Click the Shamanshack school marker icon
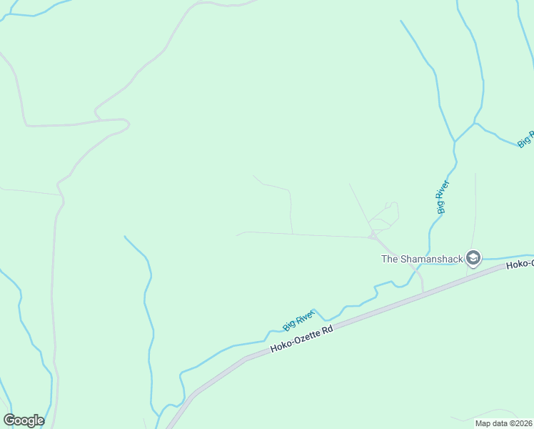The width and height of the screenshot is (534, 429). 473,258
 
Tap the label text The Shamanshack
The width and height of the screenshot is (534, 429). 421,259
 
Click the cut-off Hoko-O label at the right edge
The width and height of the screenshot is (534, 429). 519,265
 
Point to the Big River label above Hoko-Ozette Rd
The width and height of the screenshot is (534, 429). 298,320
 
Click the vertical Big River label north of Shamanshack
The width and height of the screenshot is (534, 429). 443,197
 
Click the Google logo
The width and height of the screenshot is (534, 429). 24,420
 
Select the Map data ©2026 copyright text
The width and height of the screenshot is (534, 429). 503,423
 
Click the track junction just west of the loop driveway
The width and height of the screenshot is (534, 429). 371,235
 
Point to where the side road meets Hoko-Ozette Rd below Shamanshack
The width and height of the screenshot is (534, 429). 423,291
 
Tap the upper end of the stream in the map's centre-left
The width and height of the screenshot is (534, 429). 125,237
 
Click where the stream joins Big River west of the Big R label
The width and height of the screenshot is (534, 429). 475,124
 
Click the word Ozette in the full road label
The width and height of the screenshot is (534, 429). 306,337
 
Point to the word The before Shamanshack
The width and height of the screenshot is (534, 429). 390,259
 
